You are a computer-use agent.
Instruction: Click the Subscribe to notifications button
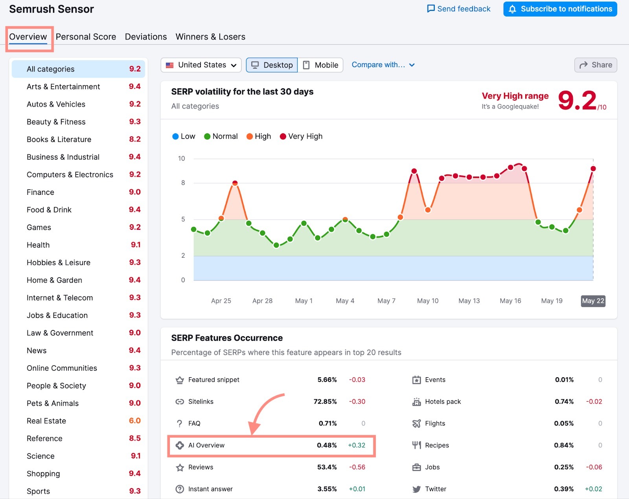pos(560,9)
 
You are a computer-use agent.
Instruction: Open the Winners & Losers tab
pos(210,37)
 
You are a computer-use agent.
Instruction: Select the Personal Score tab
pos(86,37)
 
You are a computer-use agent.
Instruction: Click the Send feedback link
pos(459,9)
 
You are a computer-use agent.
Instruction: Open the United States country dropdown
pos(201,65)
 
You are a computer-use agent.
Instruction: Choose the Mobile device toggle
pos(320,65)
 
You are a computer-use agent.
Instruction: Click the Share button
pos(596,65)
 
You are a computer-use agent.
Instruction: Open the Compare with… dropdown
pos(383,65)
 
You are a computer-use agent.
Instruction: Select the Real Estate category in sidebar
pos(46,421)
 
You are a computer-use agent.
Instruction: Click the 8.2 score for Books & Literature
pos(135,139)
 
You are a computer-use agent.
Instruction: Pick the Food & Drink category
pos(49,210)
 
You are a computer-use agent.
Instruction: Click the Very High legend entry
pos(301,136)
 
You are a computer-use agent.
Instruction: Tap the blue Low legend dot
pos(175,136)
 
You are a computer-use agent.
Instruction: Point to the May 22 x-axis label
pos(593,301)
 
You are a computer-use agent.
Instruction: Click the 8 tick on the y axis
pos(183,183)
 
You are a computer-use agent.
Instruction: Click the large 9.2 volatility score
pos(577,101)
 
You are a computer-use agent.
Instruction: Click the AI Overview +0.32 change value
pos(357,445)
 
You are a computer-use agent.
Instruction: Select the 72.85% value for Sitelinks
pos(325,402)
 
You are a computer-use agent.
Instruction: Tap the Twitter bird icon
pos(416,489)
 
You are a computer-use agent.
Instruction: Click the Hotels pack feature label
pos(443,402)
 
